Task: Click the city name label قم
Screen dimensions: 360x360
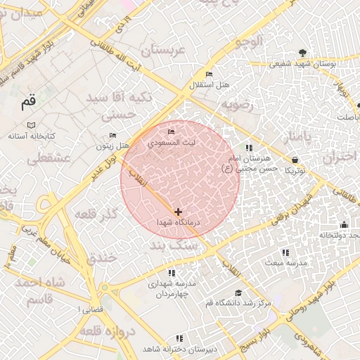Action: pyautogui.click(x=27, y=103)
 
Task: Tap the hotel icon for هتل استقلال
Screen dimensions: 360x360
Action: pyautogui.click(x=209, y=75)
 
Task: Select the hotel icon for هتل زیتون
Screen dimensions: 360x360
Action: pyautogui.click(x=113, y=135)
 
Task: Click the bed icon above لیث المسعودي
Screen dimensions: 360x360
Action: pyautogui.click(x=171, y=132)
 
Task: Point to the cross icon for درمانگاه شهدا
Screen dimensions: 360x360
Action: pyautogui.click(x=178, y=212)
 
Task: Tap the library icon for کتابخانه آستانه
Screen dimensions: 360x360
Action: pyautogui.click(x=31, y=124)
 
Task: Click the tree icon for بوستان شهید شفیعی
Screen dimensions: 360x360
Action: pyautogui.click(x=302, y=53)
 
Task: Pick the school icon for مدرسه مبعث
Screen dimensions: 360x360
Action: pyautogui.click(x=285, y=252)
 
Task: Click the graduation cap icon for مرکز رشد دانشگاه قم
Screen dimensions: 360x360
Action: pyautogui.click(x=238, y=292)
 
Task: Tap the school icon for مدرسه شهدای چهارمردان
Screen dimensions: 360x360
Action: pyautogui.click(x=171, y=272)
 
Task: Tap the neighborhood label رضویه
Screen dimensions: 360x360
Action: pyautogui.click(x=238, y=105)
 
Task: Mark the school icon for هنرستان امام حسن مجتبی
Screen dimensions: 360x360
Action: pyautogui.click(x=249, y=148)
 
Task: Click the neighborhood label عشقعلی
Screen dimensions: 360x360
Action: pyautogui.click(x=49, y=159)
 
